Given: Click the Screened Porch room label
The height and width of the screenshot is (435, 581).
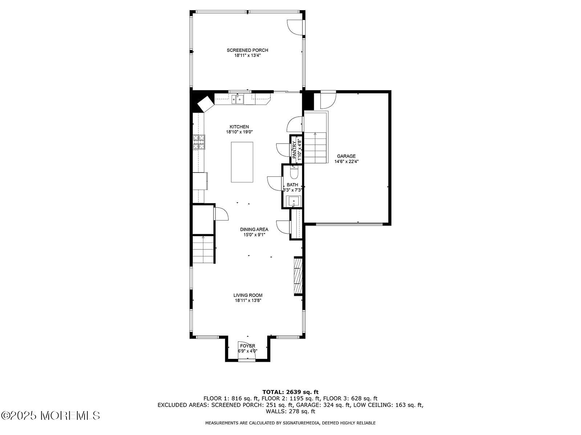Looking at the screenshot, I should pos(247,50).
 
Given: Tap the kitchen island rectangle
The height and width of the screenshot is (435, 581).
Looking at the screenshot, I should pos(242,162).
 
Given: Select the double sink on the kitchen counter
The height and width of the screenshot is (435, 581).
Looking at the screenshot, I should pos(238,99).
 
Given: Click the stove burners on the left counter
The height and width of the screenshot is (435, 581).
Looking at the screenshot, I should pos(199,142).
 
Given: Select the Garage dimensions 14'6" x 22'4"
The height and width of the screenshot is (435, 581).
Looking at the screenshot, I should pos(346,162).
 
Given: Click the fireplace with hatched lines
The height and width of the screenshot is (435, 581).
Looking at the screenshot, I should pos(298,275).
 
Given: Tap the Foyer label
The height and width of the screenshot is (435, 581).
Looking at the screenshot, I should pos(247,346).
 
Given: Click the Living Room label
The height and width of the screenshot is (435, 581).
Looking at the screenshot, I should pos(248,295).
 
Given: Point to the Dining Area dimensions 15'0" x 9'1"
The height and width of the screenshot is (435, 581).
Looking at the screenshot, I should pos(254,235).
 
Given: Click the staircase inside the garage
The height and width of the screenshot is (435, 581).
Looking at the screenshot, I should pos(315,148).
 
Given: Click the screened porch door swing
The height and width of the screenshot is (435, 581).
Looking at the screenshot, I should pos(294,27).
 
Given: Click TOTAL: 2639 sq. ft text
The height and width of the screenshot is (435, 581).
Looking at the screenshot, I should pos(290,392).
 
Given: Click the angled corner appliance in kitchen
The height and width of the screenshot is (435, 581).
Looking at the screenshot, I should pos(205,103).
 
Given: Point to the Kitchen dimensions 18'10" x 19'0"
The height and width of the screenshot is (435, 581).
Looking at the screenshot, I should pos(239,132).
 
